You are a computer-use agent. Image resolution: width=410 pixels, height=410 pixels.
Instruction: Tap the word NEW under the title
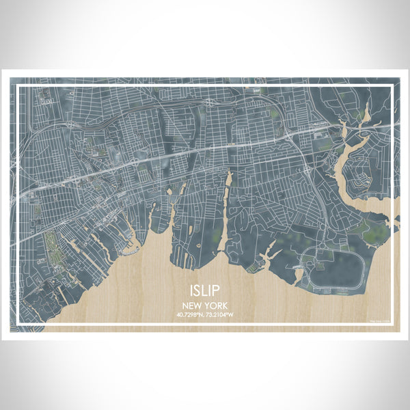(193, 306)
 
